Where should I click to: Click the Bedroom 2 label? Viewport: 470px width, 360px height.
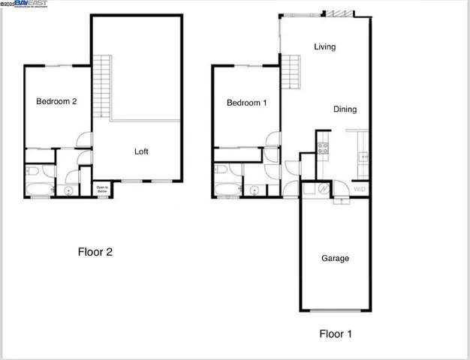coord(56,103)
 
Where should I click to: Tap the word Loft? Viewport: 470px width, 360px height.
coord(141,151)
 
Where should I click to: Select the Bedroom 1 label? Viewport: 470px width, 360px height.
coord(247,103)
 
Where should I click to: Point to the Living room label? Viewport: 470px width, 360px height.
coord(324,47)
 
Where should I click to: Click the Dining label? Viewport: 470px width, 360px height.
coord(345,109)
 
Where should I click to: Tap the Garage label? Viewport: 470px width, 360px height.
coord(335,259)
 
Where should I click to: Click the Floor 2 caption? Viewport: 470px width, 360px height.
coord(95,252)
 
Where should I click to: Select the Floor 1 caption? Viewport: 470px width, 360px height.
coord(336,332)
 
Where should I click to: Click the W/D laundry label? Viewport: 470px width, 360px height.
coord(360,188)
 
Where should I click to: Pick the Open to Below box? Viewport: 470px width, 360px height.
coord(101,189)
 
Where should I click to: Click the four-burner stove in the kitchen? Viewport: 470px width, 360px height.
coord(324,146)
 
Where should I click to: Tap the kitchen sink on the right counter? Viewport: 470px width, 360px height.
coord(363,157)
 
